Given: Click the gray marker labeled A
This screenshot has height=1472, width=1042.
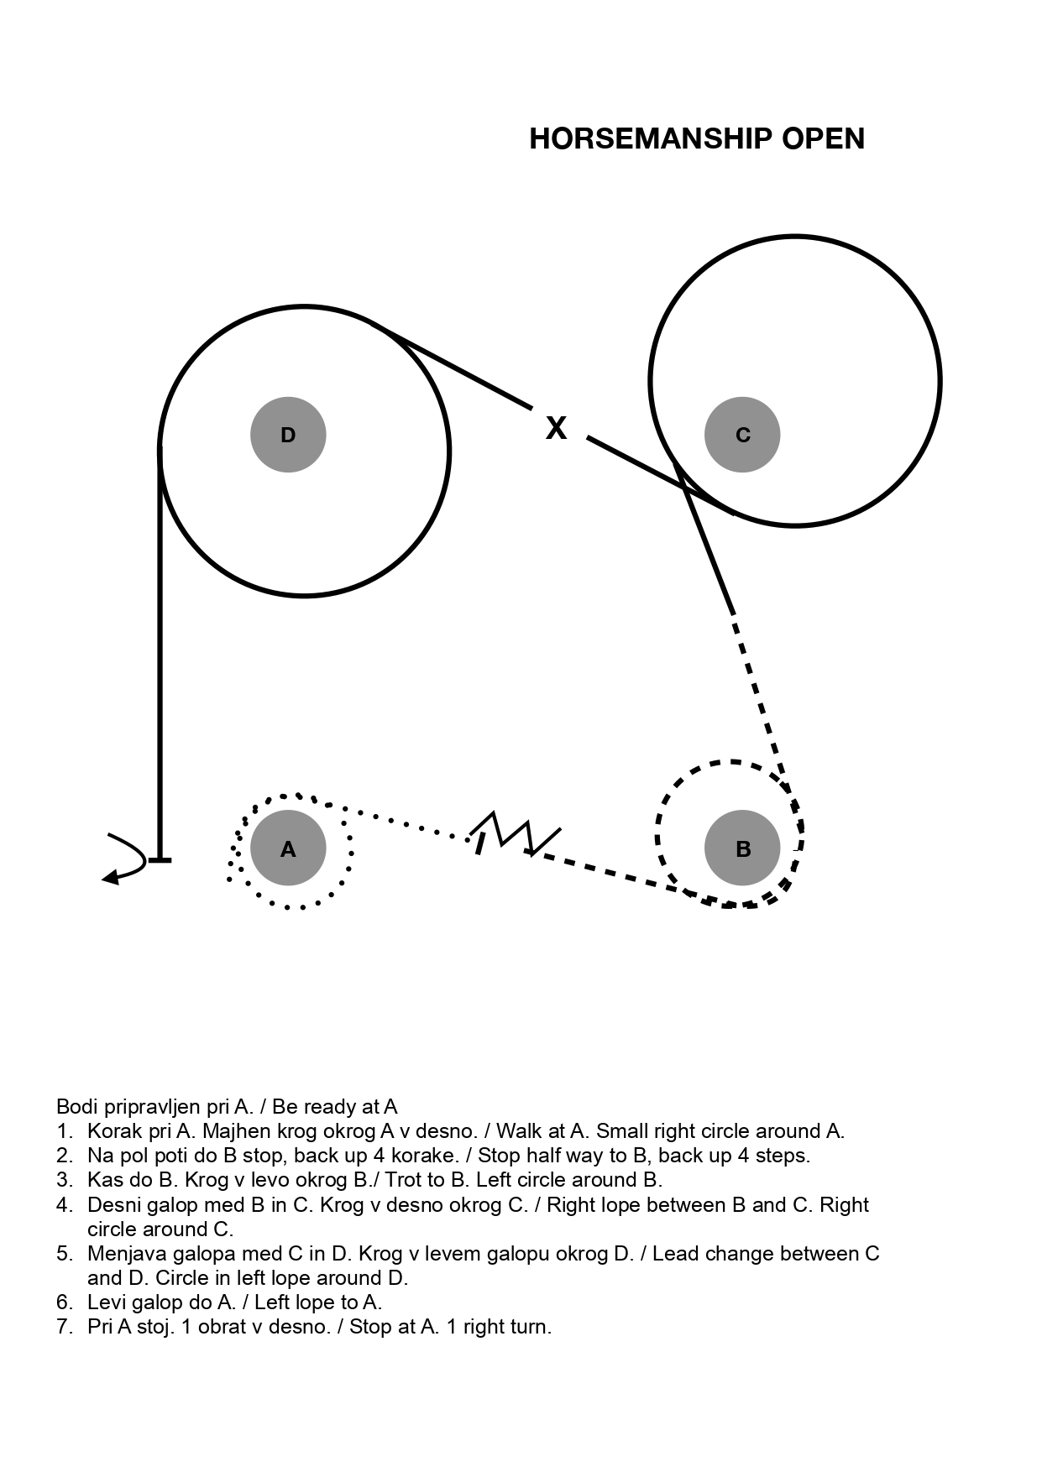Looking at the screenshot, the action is [x=288, y=848].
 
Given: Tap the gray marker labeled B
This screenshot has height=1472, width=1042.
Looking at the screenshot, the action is [x=742, y=848].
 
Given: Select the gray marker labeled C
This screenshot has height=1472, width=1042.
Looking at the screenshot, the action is [x=742, y=435].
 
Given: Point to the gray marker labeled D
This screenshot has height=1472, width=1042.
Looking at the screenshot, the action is [x=288, y=435].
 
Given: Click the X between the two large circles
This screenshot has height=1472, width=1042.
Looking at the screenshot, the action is [x=556, y=428].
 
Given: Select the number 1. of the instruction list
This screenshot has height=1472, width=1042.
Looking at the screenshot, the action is [x=65, y=1131].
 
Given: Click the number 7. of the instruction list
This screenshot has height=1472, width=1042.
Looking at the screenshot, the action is [x=65, y=1327].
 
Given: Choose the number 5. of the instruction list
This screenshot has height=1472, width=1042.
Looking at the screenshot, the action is [x=65, y=1254].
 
